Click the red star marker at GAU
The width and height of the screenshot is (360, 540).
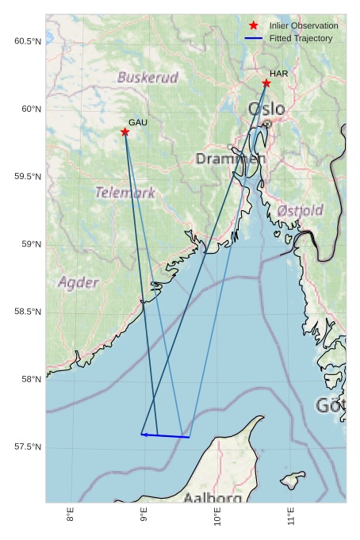(125, 132)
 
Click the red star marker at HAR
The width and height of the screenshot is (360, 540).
(266, 83)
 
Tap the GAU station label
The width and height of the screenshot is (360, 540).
(138, 122)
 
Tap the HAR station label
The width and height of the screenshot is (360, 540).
(278, 74)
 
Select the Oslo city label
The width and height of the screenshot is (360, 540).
(266, 109)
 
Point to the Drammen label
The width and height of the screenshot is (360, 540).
(231, 159)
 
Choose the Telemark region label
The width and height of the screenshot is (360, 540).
(125, 193)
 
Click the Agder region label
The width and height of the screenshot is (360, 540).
(79, 282)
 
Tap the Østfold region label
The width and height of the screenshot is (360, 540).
(301, 210)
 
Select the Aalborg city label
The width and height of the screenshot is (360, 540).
(213, 498)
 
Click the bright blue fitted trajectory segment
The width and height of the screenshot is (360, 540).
(166, 435)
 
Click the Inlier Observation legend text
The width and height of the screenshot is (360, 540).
(304, 26)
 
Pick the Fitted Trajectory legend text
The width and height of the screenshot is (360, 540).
(301, 38)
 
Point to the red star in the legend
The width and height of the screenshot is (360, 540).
(254, 25)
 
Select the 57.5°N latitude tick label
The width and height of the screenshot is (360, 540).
(28, 447)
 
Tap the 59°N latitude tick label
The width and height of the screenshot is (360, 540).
(31, 244)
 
